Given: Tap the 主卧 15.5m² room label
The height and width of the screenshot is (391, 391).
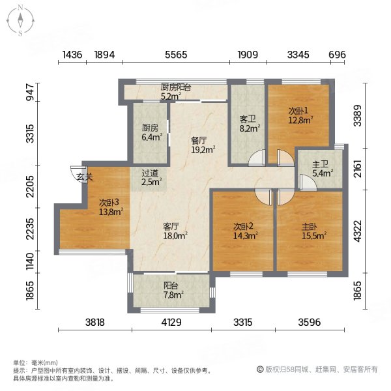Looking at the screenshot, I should point(313,231).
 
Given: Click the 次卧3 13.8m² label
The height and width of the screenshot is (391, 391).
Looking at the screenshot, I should point(110,207).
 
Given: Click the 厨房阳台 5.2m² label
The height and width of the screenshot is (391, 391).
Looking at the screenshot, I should point(176,91).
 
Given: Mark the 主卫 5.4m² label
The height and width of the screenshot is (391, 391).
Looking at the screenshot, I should point(320,169).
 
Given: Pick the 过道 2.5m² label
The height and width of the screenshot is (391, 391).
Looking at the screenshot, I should point(151,177).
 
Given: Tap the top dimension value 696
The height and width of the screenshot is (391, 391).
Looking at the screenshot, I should point(337,56).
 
